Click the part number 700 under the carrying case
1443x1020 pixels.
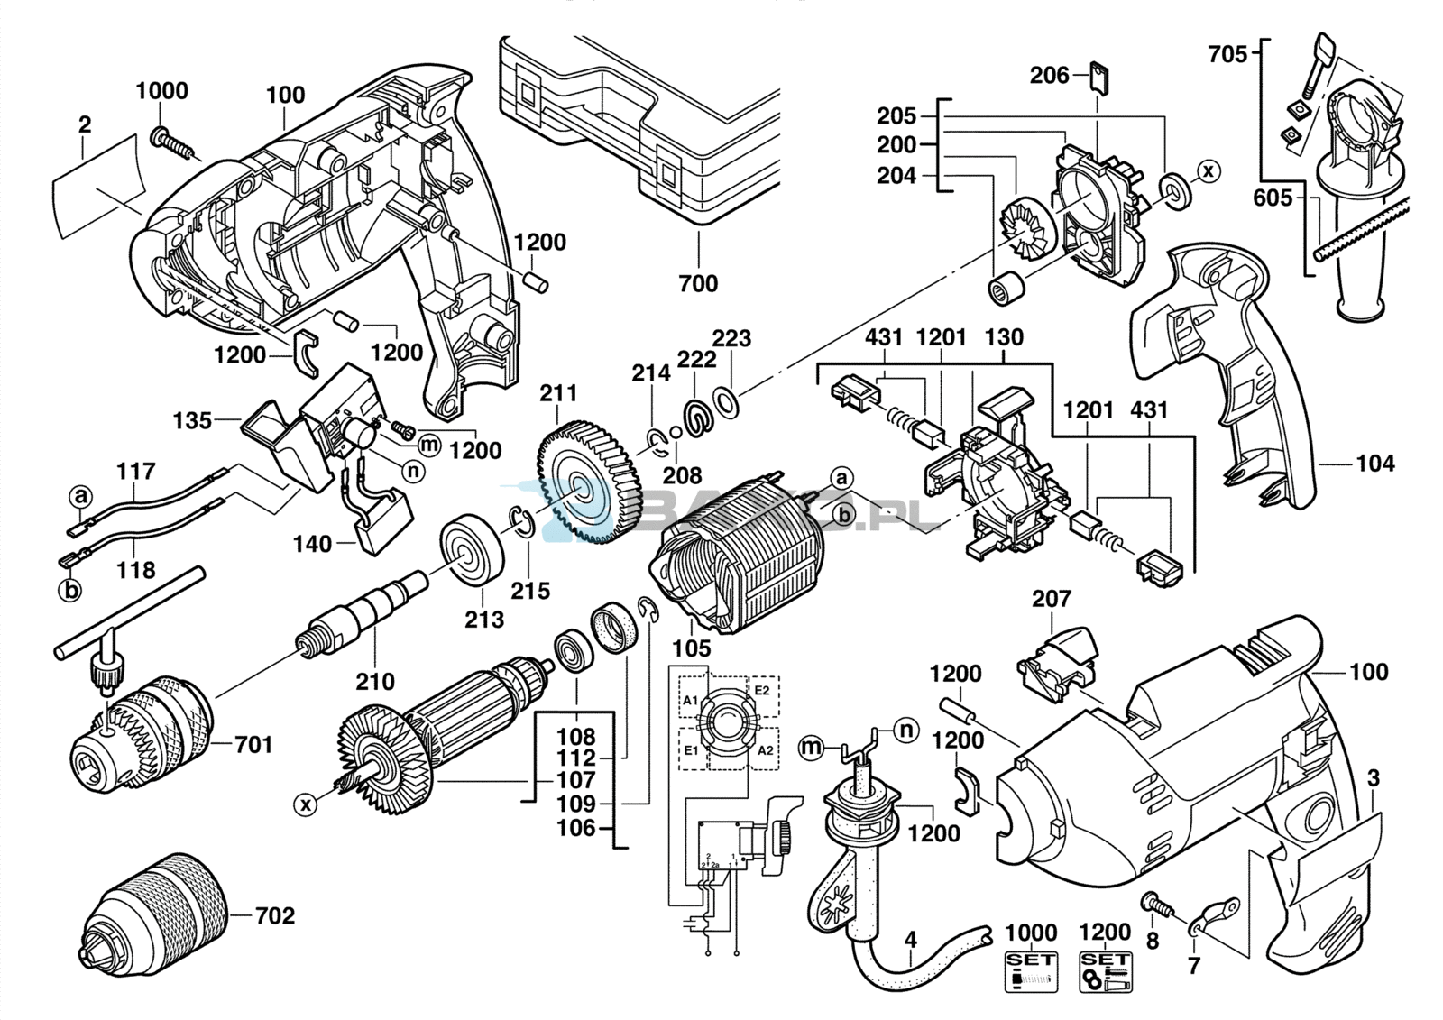(698, 283)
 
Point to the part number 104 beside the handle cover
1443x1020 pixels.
(1374, 464)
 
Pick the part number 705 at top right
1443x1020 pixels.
(1227, 55)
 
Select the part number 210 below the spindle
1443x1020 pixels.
(374, 682)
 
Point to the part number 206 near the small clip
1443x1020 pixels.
(1049, 75)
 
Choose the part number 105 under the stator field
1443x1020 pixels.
(692, 648)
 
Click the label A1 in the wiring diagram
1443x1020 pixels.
(690, 701)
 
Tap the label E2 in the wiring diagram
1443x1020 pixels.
(762, 690)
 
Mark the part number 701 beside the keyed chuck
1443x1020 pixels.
(253, 744)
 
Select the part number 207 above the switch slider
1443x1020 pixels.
(1052, 599)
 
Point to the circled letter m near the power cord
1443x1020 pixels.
(813, 746)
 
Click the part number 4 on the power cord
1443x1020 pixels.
(911, 941)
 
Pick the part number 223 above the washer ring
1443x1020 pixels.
(731, 338)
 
